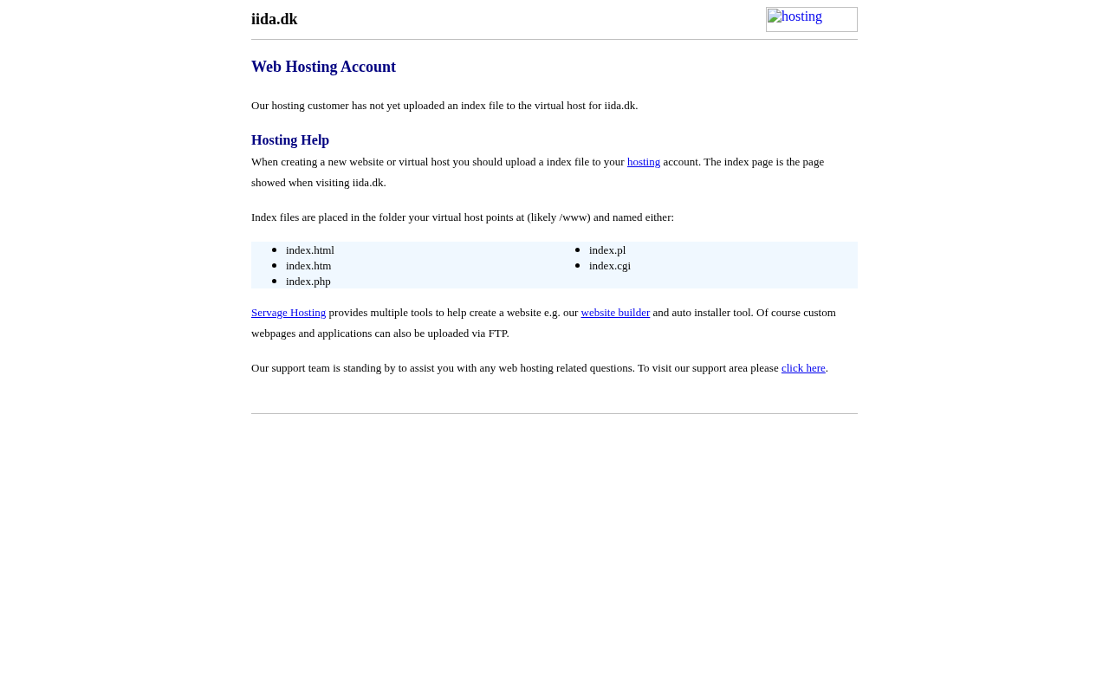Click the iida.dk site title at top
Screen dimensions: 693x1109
coord(274,19)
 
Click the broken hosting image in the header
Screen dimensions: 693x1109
coord(811,19)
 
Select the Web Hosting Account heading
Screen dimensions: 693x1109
coord(323,67)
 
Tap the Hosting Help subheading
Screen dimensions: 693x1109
coord(290,140)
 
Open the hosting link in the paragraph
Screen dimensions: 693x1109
coord(644,162)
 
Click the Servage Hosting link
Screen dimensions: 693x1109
coord(289,313)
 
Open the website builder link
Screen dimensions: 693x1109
coord(615,313)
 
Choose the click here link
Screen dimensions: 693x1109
coord(803,368)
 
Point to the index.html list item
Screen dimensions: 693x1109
coord(310,250)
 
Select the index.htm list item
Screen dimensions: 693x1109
coord(308,266)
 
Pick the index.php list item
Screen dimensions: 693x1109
coord(308,282)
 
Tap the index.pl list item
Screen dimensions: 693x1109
coord(607,250)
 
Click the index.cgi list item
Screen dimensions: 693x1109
coord(610,266)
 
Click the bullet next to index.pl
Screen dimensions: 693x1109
coord(578,250)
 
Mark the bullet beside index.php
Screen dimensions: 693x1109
coord(275,282)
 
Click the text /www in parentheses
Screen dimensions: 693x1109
coord(574,217)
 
